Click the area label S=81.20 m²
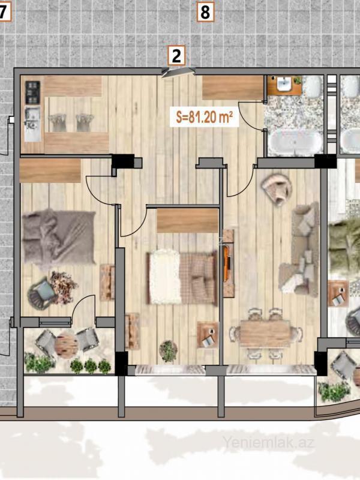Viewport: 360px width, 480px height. coord(205,117)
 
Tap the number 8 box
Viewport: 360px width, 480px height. coord(205,12)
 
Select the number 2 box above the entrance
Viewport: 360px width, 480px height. coord(176,56)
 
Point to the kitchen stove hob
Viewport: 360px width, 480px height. coord(32,92)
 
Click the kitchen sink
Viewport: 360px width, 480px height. coord(32,124)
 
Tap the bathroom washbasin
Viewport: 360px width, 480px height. coord(284,84)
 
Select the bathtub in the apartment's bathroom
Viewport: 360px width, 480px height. coord(295,142)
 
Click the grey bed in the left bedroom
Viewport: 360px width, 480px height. coord(59,236)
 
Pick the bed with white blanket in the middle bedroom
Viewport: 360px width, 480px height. coord(182,277)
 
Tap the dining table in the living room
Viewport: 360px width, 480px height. coord(265,333)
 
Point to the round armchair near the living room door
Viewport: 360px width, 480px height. coord(277,189)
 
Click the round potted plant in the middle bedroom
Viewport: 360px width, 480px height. coord(169,351)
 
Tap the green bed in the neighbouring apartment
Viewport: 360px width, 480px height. coord(344,247)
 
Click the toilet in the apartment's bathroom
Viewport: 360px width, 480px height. coord(313,86)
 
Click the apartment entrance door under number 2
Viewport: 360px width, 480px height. coord(178,72)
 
